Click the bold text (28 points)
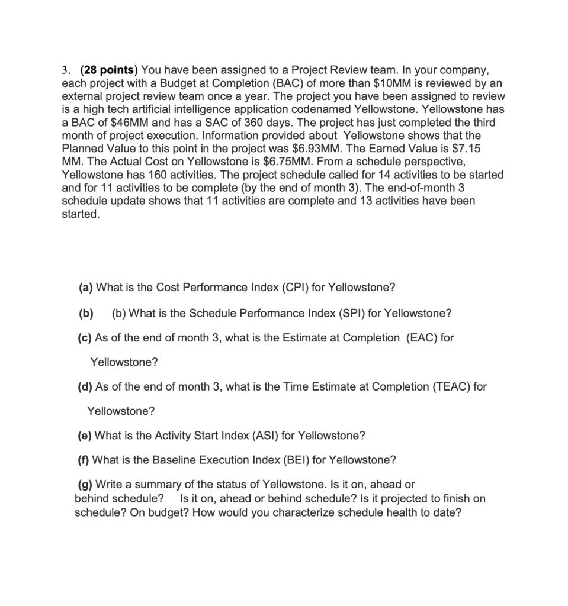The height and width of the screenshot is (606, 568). [110, 70]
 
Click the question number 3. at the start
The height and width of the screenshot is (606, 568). [66, 70]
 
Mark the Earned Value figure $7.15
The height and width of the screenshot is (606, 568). [465, 149]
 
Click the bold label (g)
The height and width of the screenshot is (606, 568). [86, 485]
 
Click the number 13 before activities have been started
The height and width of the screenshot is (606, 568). [365, 201]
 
